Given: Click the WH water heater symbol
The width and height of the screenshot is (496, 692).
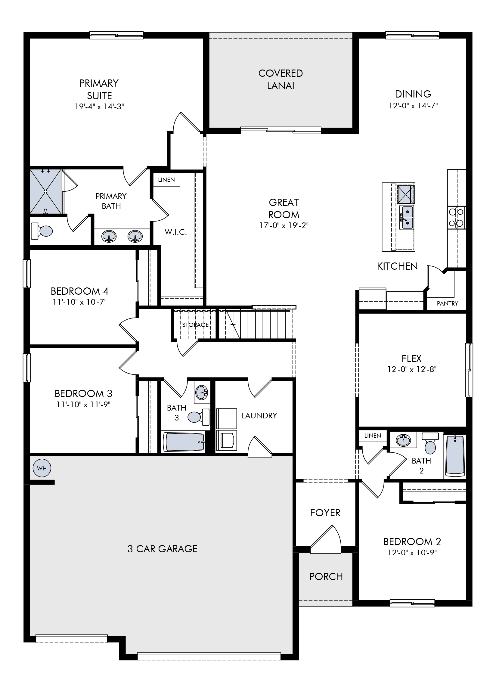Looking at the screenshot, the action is [42, 468].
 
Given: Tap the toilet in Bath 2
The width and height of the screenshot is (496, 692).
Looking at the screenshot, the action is [430, 444].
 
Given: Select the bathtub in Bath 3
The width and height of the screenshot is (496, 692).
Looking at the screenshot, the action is [184, 442].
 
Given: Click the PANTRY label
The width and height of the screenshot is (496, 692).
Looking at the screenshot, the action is [447, 303].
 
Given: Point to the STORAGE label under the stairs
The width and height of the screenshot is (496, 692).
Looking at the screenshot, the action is [196, 325].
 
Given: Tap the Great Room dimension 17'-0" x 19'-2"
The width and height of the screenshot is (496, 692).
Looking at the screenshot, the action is [284, 225].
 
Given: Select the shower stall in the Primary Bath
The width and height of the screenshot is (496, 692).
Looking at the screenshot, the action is [46, 192].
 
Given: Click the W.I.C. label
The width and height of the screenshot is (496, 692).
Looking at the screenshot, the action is [176, 232].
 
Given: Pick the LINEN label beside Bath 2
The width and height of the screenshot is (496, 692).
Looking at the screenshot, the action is [373, 436].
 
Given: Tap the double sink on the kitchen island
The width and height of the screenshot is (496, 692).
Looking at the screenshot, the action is [407, 217].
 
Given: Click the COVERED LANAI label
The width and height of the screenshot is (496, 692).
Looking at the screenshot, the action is [281, 79].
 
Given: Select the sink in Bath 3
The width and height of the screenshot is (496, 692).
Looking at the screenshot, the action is [202, 392].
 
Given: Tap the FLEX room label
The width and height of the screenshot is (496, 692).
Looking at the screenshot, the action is [412, 358].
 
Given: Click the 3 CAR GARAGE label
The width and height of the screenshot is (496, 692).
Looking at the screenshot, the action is [162, 549].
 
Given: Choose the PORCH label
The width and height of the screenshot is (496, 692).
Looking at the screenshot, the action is [326, 577].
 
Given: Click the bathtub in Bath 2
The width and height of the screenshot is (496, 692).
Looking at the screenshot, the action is [455, 455].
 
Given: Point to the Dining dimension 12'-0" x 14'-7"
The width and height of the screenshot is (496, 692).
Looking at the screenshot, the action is [413, 106].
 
